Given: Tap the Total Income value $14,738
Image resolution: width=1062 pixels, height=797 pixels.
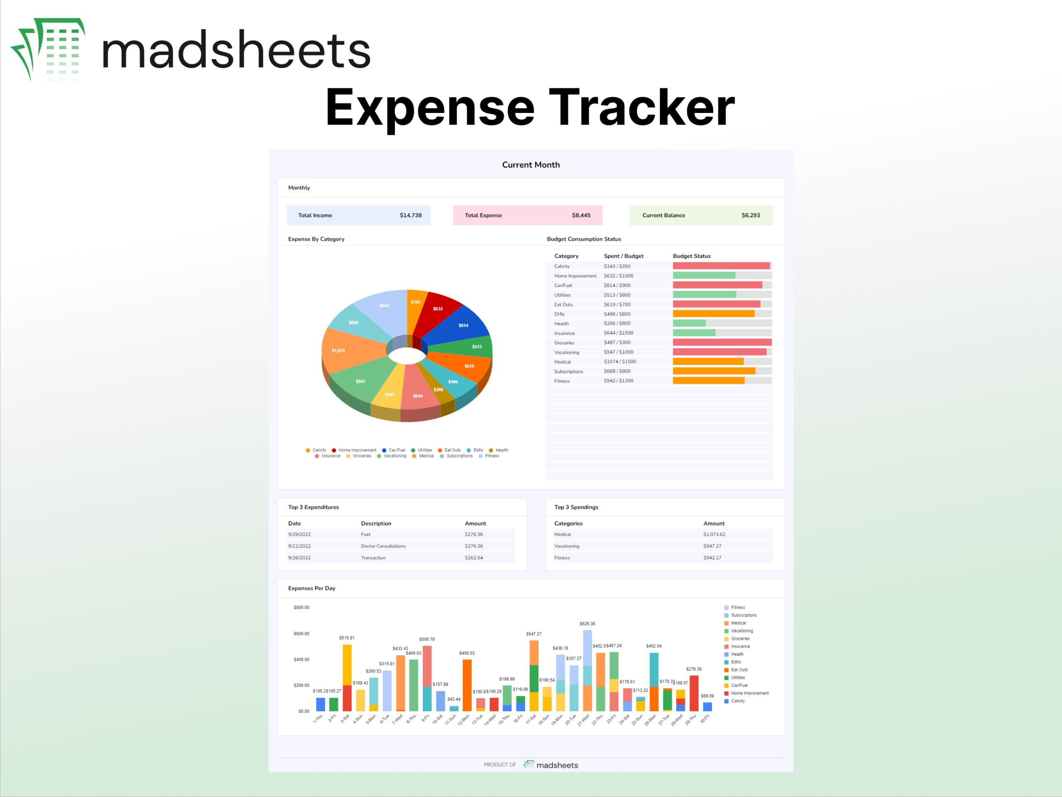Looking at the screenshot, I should tap(411, 215).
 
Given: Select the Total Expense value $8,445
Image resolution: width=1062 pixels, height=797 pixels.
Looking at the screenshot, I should tap(581, 215).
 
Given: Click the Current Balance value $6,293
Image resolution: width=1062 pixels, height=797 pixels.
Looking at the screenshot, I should tap(750, 215).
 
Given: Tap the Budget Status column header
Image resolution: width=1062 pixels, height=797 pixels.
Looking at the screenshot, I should tap(692, 256).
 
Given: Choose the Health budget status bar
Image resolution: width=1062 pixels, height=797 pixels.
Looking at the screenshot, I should tap(689, 323).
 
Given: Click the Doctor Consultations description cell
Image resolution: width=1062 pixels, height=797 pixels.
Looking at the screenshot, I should tap(383, 546).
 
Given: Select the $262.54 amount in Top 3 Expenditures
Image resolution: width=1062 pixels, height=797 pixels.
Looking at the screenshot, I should tap(473, 558).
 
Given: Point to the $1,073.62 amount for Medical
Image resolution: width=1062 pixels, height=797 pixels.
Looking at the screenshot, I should tap(714, 534).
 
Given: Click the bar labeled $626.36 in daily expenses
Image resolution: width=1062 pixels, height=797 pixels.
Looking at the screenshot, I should tap(587, 670).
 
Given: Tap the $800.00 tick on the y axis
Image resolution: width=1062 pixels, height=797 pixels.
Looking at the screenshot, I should tap(301, 608).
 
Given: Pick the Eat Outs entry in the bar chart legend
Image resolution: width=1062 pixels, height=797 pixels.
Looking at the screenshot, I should tap(739, 670).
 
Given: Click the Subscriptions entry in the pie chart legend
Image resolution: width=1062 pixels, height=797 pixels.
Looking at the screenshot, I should tap(459, 456).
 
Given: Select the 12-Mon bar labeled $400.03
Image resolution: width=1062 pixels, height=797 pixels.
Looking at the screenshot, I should tap(467, 685).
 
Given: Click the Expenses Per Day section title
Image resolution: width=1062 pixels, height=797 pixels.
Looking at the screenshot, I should tap(312, 588).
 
